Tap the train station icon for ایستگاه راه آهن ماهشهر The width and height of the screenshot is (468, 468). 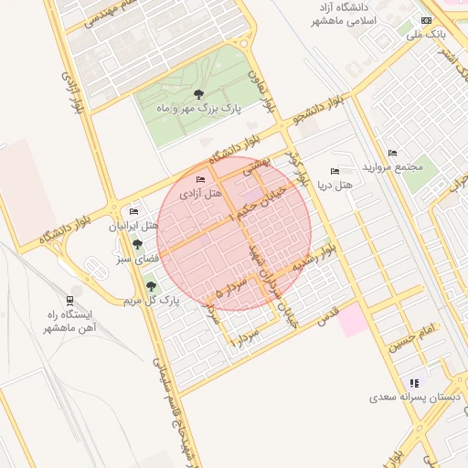click(x=69, y=300)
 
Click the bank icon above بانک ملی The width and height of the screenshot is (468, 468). click(x=426, y=20)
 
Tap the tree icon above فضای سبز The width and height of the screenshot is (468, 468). click(x=137, y=245)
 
